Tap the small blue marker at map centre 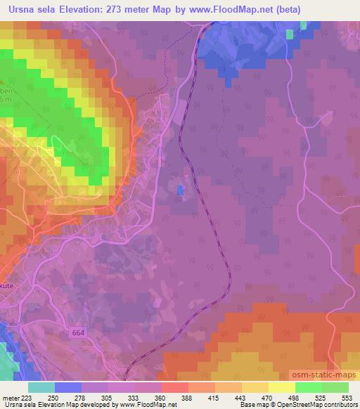181,190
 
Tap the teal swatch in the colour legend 41,387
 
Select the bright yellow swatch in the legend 282,387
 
